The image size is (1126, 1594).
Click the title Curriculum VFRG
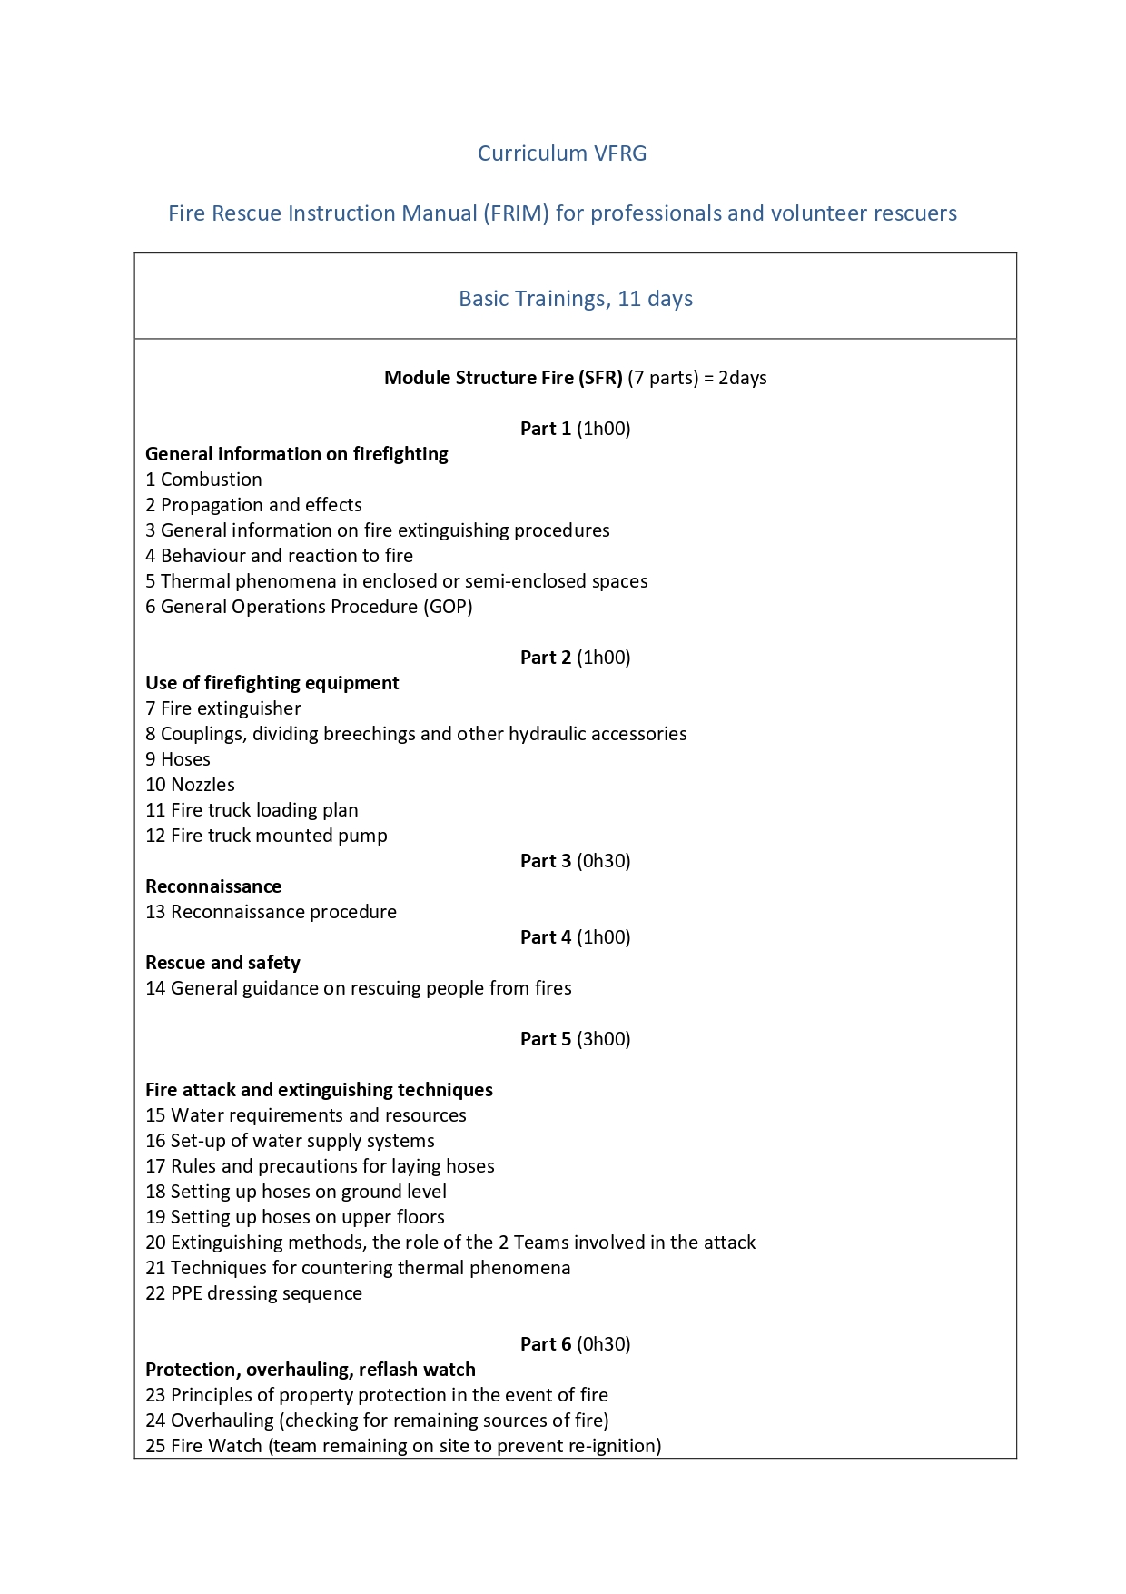[x=562, y=153]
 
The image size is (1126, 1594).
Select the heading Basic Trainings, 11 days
[x=576, y=299]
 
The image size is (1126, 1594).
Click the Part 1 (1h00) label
[x=575, y=429]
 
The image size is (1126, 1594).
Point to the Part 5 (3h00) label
[x=575, y=1039]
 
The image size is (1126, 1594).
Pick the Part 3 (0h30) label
[x=575, y=861]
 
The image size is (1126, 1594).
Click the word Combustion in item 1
[x=212, y=480]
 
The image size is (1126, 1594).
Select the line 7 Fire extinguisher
[x=223, y=708]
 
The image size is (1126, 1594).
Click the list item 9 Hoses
[x=178, y=759]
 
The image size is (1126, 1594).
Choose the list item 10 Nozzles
[x=190, y=785]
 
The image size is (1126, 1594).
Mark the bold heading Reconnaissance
[x=213, y=886]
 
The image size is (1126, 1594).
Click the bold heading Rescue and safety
[x=222, y=963]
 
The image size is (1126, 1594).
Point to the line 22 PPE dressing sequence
[x=253, y=1293]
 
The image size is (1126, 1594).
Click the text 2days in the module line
[x=743, y=378]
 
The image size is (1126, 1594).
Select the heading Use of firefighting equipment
[x=272, y=683]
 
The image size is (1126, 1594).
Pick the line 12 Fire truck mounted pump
[x=266, y=836]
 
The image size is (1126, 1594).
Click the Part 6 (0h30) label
[x=575, y=1344]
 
